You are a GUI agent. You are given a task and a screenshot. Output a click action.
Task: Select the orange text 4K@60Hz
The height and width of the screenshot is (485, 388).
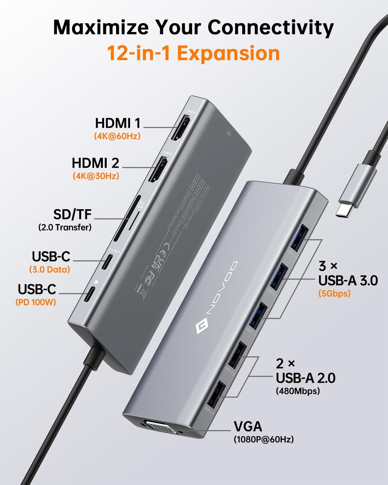click(x=117, y=136)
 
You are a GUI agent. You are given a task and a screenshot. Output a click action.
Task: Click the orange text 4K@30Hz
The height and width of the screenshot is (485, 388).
click(x=96, y=176)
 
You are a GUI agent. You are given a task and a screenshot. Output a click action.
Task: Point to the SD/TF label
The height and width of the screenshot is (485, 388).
click(x=72, y=214)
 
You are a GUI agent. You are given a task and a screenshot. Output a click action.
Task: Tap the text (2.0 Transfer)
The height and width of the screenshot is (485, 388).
click(x=65, y=227)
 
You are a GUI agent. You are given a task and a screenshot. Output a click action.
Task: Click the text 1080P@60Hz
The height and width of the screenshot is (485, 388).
click(x=264, y=440)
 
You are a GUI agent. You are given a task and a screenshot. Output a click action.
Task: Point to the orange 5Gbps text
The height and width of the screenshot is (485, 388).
click(x=334, y=294)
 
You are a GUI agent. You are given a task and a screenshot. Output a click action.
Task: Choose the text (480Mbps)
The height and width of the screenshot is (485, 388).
click(x=298, y=391)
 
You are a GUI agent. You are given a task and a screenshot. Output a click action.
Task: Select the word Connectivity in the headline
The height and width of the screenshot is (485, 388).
click(x=271, y=27)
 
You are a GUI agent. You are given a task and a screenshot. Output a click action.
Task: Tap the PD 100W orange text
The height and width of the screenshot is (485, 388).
click(x=36, y=302)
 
